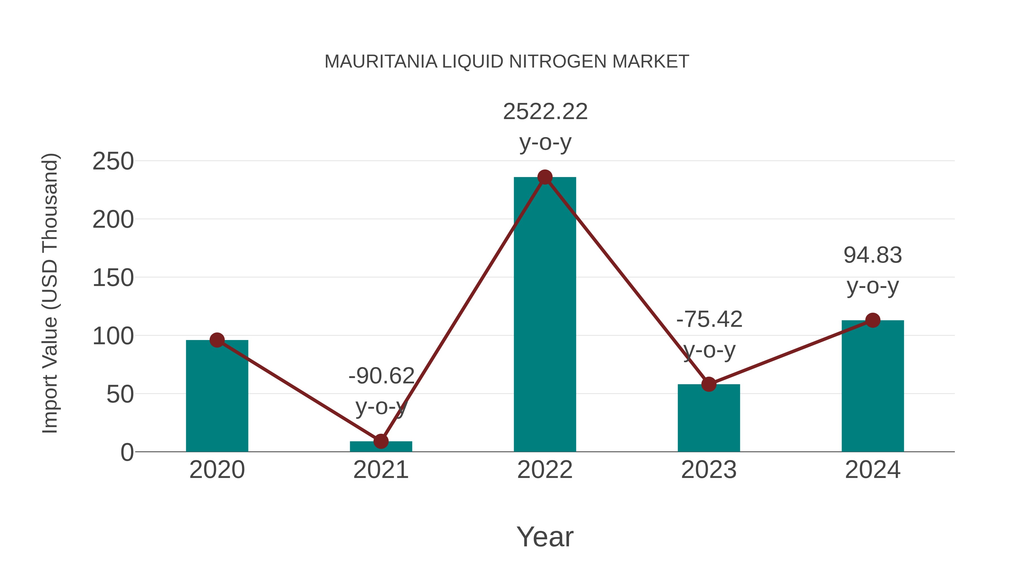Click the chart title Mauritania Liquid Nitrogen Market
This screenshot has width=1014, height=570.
[507, 62]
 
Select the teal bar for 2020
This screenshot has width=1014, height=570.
[217, 397]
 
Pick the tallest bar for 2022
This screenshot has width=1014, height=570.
[545, 315]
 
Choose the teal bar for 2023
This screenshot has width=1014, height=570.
[709, 419]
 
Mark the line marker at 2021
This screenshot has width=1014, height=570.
[381, 441]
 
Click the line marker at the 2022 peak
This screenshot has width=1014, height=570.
[545, 177]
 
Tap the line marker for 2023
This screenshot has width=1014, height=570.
[709, 384]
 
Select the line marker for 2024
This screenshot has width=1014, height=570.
[873, 320]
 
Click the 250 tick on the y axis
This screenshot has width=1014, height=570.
[113, 161]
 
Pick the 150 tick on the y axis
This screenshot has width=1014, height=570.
[113, 278]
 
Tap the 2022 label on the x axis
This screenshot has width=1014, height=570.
[545, 470]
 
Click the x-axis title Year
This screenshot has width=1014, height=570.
[545, 537]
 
